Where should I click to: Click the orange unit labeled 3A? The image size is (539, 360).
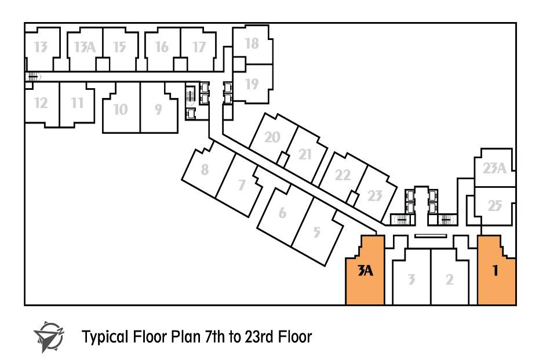pyautogui.click(x=365, y=275)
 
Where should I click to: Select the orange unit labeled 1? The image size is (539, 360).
pyautogui.click(x=496, y=275)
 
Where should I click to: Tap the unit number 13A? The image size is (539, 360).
pyautogui.click(x=85, y=47)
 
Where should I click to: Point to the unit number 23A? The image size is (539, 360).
pyautogui.click(x=494, y=168)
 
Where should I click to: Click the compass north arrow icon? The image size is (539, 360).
pyautogui.click(x=49, y=336)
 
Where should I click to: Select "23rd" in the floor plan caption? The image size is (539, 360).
pyautogui.click(x=259, y=337)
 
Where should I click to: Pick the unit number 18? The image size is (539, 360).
pyautogui.click(x=252, y=43)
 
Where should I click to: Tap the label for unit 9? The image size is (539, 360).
pyautogui.click(x=158, y=110)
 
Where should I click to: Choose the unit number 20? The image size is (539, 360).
pyautogui.click(x=272, y=137)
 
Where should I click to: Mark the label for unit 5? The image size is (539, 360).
pyautogui.click(x=316, y=232)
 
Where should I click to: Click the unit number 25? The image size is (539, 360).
pyautogui.click(x=495, y=206)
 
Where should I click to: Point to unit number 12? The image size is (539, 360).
pyautogui.click(x=41, y=103)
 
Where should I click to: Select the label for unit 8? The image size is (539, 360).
pyautogui.click(x=205, y=169)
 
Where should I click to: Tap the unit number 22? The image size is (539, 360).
pyautogui.click(x=343, y=175)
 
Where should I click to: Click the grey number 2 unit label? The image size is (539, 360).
pyautogui.click(x=449, y=279)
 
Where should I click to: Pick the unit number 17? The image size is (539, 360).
pyautogui.click(x=199, y=47)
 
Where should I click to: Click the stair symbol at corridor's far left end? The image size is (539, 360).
pyautogui.click(x=32, y=77)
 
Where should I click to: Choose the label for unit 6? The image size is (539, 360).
pyautogui.click(x=283, y=213)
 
